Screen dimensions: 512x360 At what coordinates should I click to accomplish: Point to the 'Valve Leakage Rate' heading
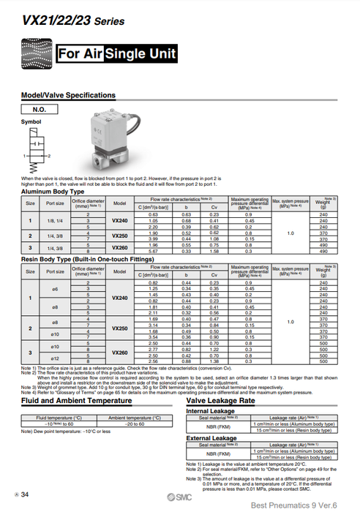point(220,401)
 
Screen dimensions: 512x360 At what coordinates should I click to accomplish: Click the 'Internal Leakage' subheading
point(210,410)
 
